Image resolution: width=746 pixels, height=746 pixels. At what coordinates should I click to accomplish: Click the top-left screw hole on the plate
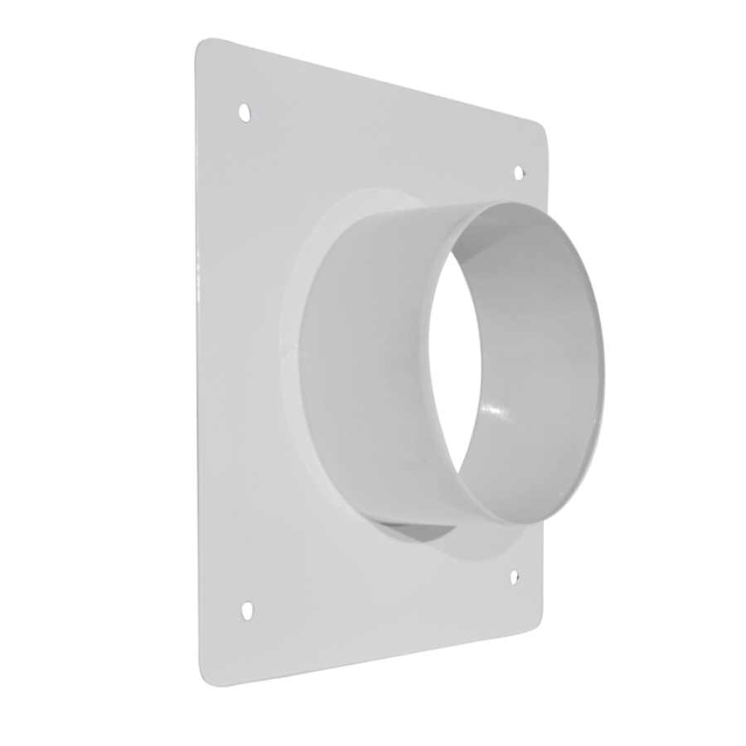point(245,112)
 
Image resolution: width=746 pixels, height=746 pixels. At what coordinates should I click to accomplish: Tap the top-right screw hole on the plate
point(519,172)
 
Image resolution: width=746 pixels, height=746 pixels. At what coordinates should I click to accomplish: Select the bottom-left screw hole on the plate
point(247,610)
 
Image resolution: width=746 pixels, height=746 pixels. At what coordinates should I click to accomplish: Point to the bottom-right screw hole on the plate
point(514,576)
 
